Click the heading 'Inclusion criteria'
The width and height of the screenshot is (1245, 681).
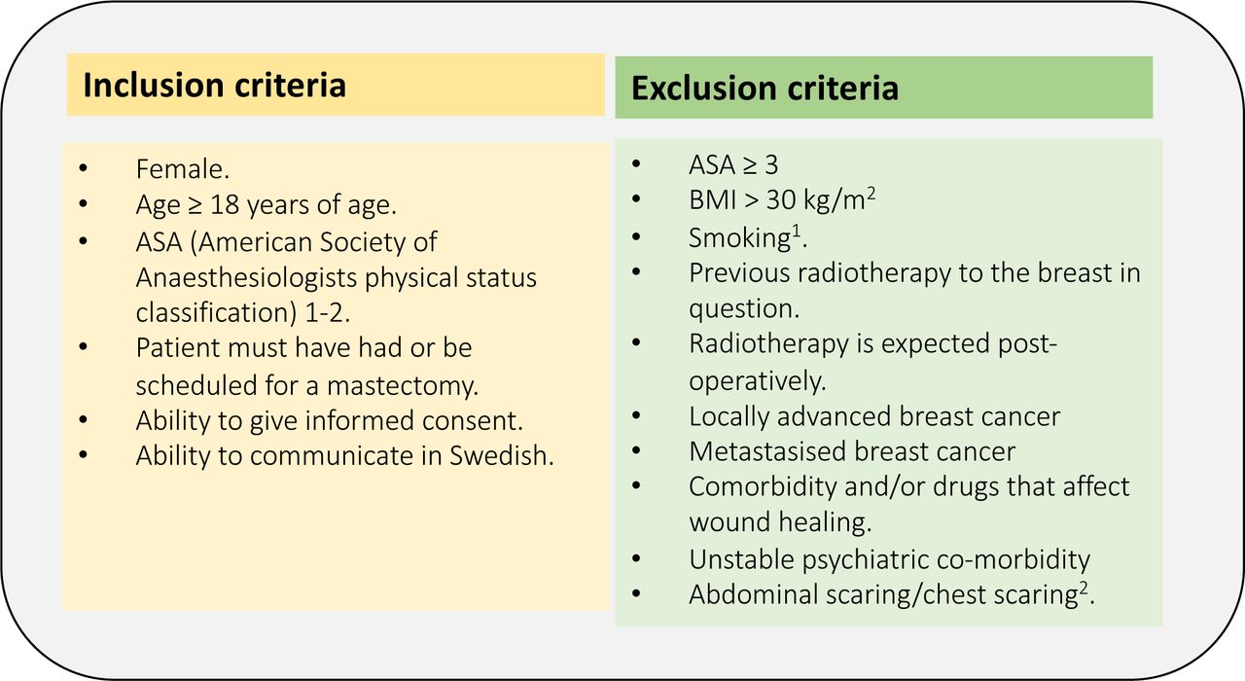coord(215,86)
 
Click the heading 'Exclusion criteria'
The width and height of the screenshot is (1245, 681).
coord(765,89)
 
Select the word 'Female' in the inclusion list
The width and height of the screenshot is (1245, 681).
coord(180,169)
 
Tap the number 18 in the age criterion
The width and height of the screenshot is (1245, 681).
coord(225,204)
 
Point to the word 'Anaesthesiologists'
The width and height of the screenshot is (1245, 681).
coord(246,278)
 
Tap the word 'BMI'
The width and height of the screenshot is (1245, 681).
coord(713,199)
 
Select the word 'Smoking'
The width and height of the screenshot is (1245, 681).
coord(740,238)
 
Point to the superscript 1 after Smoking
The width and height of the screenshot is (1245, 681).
coord(797,232)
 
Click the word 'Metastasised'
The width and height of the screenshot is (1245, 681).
coord(767,451)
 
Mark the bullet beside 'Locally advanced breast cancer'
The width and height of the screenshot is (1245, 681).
coord(636,415)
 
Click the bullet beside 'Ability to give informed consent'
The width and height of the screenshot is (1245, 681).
coord(84,419)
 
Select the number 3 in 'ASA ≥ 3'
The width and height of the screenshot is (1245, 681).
coord(771,165)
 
